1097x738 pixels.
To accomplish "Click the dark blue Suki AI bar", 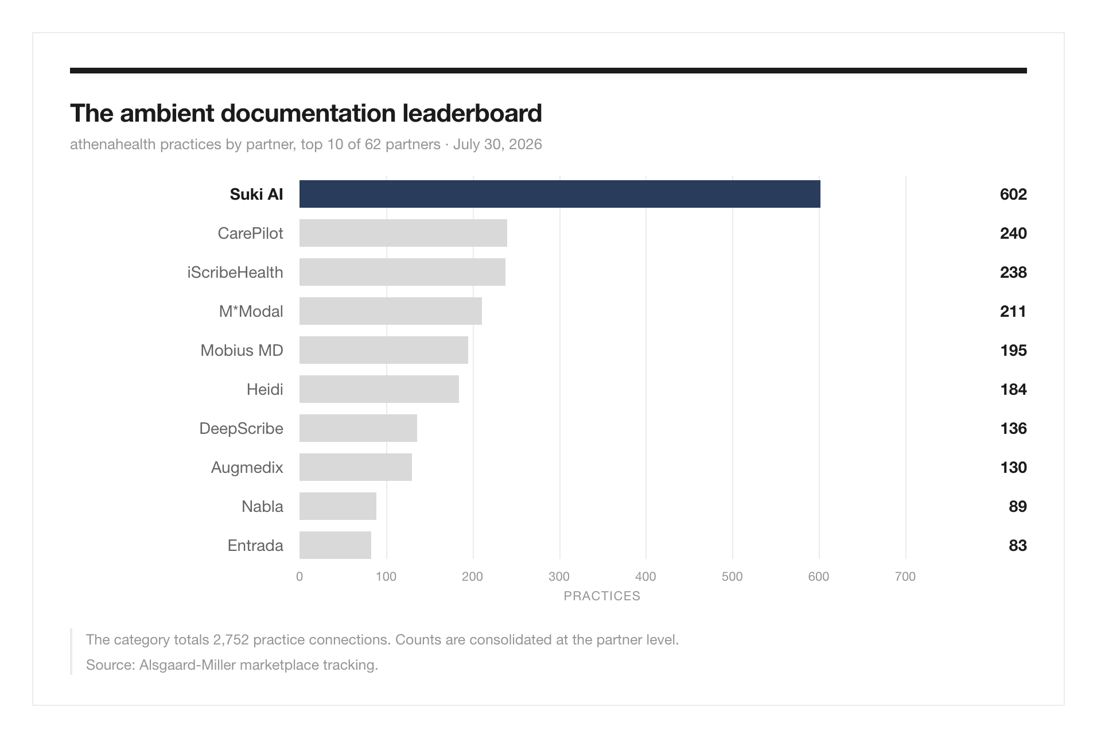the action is click(x=559, y=194).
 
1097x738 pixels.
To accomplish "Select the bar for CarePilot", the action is click(x=403, y=233).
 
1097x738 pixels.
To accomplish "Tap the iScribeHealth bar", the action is click(x=402, y=272).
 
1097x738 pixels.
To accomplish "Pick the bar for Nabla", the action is click(x=338, y=506).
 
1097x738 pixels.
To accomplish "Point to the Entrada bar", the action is click(x=335, y=545).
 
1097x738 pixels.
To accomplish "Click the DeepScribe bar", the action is click(x=358, y=428).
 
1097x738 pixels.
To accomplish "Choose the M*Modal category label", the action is click(x=251, y=311).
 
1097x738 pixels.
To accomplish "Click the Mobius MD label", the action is click(x=242, y=350).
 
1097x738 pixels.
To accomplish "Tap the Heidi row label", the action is click(x=265, y=389).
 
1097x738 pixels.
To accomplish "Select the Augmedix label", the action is click(x=247, y=468).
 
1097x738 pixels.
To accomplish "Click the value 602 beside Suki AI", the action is click(x=1013, y=194).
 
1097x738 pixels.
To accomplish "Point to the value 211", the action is click(x=1013, y=311).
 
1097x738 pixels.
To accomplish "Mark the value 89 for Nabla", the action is click(x=1018, y=506).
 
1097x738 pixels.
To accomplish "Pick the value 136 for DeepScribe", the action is click(x=1013, y=428).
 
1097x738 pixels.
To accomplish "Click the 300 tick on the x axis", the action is click(x=559, y=577).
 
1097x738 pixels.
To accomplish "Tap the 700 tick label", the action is click(x=905, y=577).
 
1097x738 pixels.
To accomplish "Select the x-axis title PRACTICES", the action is click(x=602, y=596).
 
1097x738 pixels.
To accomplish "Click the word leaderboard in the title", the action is click(x=472, y=113).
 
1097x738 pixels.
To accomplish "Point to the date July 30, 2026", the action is click(x=497, y=144).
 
